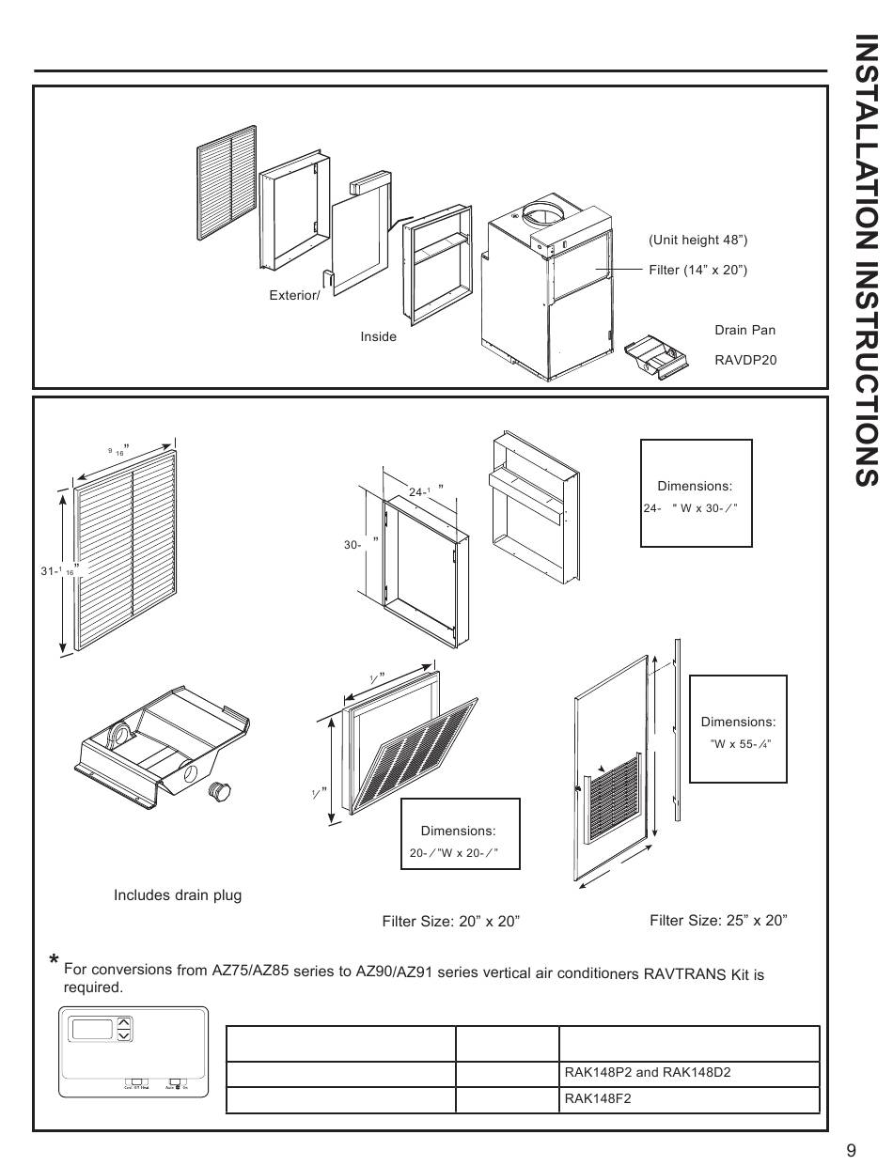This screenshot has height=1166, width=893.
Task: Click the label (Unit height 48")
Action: coord(697,241)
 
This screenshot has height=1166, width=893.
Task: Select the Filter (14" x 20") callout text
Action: coord(697,271)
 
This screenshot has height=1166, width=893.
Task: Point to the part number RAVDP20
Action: coord(745,360)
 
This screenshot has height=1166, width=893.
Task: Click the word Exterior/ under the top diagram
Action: coord(294,296)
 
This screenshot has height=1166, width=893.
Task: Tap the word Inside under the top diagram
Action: coord(378,336)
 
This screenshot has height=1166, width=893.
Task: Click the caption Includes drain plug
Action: coord(178,895)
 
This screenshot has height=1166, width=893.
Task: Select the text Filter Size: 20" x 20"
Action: coord(450,922)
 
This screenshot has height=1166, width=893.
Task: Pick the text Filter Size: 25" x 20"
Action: coord(718,920)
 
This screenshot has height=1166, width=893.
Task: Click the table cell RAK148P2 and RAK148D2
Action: coord(647,1073)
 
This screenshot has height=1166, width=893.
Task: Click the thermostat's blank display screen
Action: coord(91,1029)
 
